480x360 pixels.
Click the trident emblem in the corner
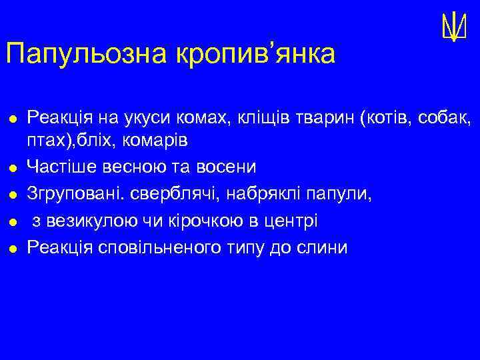click(453, 27)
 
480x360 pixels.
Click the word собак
click(448, 119)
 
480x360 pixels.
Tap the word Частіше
click(62, 165)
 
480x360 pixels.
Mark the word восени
click(223, 165)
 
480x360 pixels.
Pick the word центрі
click(293, 221)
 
